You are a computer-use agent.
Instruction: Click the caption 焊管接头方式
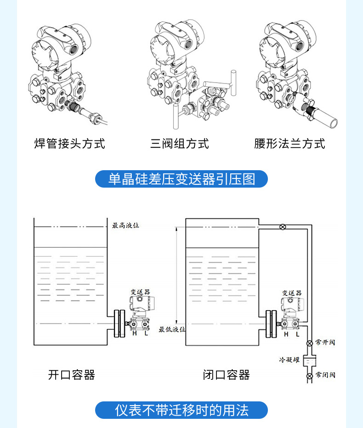[70, 144]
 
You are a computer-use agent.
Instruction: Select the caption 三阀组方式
[180, 144]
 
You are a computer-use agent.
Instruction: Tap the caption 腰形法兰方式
[289, 144]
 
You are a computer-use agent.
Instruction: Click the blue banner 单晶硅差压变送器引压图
[181, 179]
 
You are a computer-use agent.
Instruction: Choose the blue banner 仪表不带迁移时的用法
[181, 410]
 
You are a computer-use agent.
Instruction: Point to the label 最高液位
[125, 226]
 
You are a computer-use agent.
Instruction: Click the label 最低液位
[172, 329]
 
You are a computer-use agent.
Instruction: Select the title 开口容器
[71, 375]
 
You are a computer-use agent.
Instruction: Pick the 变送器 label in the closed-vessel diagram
[292, 293]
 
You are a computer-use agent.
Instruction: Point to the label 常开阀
[325, 342]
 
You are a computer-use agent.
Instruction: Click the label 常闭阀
[325, 375]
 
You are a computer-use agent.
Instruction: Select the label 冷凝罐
[289, 360]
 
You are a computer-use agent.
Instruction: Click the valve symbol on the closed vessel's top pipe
[283, 227]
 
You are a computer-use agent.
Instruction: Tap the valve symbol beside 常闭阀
[309, 376]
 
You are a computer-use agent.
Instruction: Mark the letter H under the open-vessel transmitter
[135, 334]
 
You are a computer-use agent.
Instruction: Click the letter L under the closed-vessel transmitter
[297, 334]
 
